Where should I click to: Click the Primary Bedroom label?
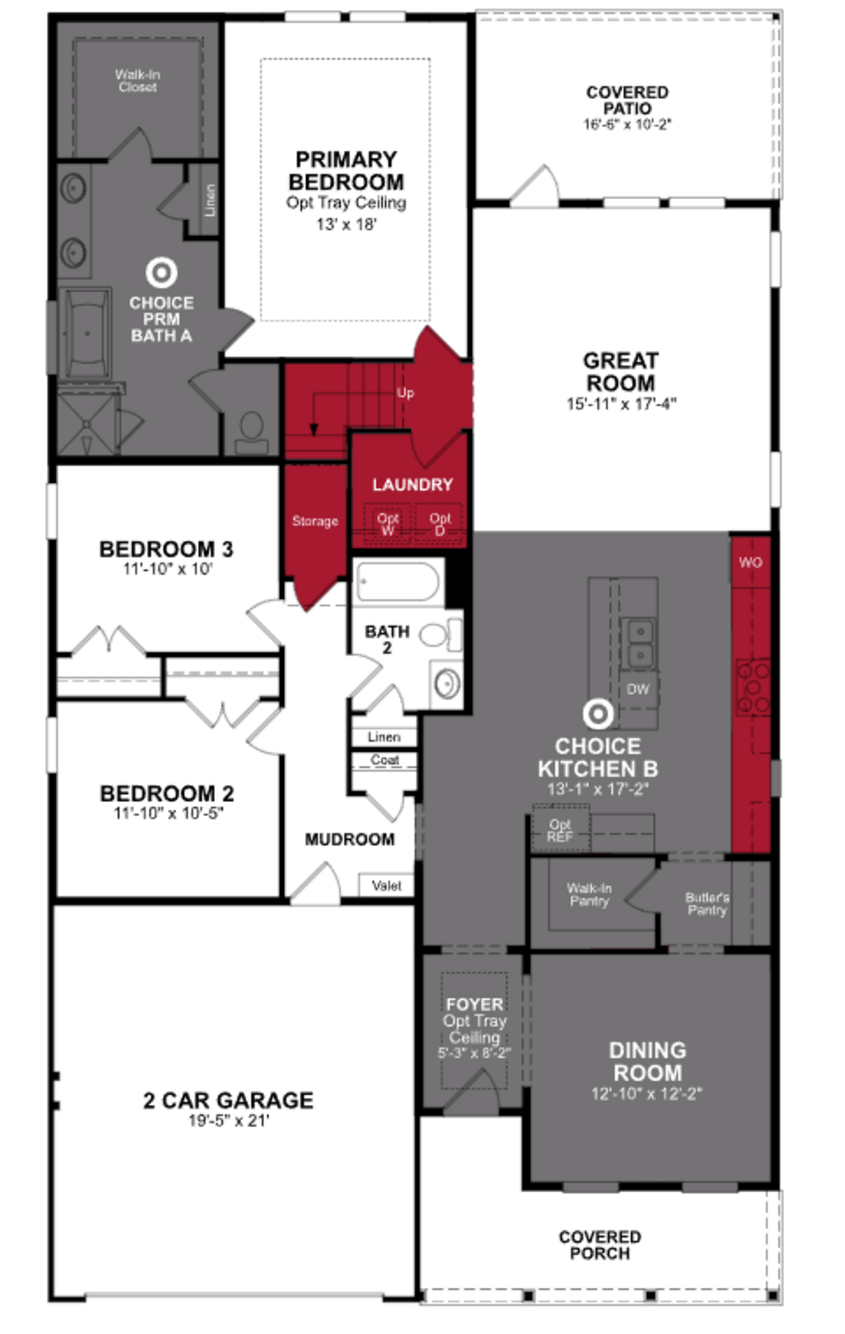pos(346,171)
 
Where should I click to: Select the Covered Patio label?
pos(627,100)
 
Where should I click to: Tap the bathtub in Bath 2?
pos(398,582)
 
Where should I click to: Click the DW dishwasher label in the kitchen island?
pos(638,689)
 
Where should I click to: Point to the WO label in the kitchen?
pos(750,562)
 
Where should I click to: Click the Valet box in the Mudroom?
pos(386,885)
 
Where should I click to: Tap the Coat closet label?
pos(384,760)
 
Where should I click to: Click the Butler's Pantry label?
pos(707,904)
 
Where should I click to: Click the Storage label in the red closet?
pos(315,521)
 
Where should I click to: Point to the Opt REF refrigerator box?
pos(560,831)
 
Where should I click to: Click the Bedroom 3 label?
pos(166,549)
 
